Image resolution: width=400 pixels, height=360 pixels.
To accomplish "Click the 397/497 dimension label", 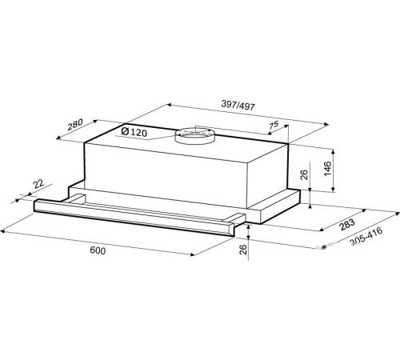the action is pos(238,105).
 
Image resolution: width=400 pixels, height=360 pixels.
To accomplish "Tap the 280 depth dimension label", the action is pos(75,124).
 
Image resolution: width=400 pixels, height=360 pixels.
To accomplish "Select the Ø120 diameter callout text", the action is pos(134,132).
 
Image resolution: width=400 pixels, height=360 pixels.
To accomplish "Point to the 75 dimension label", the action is pos(274,125).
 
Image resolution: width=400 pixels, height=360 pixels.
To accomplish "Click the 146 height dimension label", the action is pos(327,168).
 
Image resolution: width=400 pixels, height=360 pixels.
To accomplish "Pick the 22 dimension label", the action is pos(38,184).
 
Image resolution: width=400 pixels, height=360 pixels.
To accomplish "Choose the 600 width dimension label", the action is pos(98,250).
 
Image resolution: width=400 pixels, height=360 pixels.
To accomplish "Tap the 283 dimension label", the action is pos(347,225).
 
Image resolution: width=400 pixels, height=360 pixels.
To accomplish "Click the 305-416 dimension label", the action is pos(366,236).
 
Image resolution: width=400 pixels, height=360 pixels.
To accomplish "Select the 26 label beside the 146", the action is pos(304,174).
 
